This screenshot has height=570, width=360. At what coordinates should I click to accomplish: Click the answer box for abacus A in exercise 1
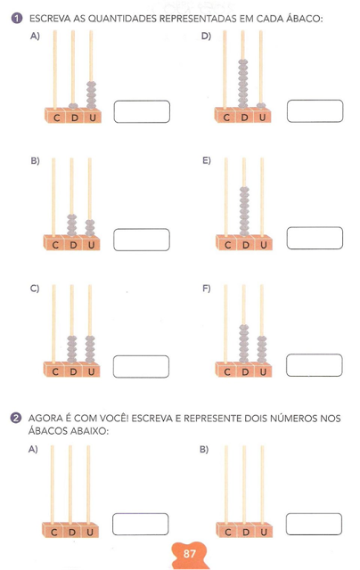click(x=142, y=111)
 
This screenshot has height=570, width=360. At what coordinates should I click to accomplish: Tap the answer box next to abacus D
click(x=315, y=110)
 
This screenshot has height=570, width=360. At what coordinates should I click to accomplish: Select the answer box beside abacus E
click(x=315, y=238)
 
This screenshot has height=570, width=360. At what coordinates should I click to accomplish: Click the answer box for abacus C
click(x=141, y=366)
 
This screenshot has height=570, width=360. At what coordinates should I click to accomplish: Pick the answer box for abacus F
click(x=315, y=365)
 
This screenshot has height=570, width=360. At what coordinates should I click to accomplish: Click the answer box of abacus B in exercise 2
click(x=314, y=524)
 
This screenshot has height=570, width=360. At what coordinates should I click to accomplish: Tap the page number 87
click(x=190, y=554)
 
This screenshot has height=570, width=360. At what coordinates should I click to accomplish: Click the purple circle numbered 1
click(x=17, y=18)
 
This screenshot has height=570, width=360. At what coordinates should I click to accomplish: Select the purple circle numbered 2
click(x=16, y=418)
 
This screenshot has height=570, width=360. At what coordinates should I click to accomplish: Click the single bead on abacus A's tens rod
click(x=73, y=106)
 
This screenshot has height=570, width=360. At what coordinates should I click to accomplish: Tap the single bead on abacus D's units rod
click(x=261, y=106)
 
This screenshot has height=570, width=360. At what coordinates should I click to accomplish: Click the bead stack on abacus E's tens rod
click(x=244, y=211)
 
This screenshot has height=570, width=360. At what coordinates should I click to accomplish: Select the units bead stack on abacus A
click(x=91, y=95)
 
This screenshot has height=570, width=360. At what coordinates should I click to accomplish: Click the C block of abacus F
click(x=227, y=371)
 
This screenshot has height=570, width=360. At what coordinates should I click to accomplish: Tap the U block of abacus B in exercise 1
click(x=91, y=244)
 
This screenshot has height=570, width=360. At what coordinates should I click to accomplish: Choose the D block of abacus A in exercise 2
click(x=72, y=532)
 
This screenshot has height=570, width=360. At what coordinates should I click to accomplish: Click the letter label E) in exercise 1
click(x=207, y=160)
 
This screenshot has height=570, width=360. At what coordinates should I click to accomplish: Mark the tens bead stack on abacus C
click(x=72, y=349)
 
